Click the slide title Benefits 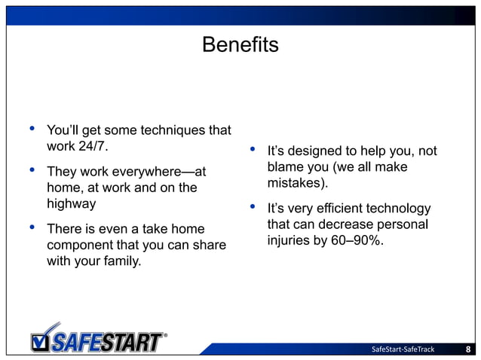240,46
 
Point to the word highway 71,203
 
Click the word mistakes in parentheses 299,183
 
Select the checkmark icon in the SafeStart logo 43,337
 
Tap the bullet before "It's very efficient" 252,206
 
